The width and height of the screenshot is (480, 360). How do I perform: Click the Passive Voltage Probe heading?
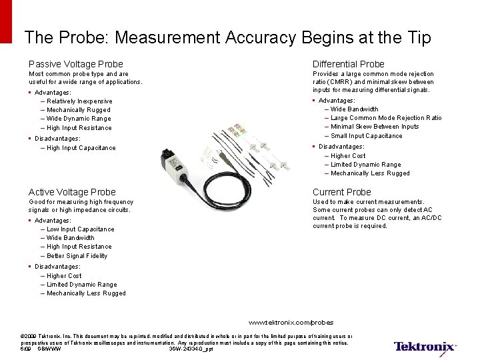[x=75, y=64]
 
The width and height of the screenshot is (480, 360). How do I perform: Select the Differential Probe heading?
[x=348, y=64]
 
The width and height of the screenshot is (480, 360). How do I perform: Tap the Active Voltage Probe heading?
[x=72, y=192]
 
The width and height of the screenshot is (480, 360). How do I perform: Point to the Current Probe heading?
[x=342, y=192]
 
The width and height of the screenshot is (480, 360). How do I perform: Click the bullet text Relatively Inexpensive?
[x=79, y=101]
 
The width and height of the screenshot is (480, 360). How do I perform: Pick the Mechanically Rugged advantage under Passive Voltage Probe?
[x=78, y=110]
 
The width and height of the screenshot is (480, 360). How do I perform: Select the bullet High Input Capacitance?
[x=81, y=148]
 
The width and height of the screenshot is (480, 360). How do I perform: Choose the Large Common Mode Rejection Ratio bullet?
[x=386, y=118]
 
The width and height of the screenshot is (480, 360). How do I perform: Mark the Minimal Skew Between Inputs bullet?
[x=375, y=127]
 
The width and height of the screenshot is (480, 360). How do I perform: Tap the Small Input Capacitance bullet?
[x=366, y=136]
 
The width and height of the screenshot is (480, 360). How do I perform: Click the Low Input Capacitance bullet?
[x=80, y=229]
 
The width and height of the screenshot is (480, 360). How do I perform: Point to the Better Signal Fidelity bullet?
[x=77, y=256]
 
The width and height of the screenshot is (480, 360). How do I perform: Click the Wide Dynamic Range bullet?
[x=79, y=119]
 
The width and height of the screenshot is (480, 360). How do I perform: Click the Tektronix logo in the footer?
[x=425, y=347]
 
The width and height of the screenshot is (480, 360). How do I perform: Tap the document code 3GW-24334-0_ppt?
[x=191, y=349]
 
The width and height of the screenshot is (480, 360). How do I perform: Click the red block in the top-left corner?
[x=6, y=20]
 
